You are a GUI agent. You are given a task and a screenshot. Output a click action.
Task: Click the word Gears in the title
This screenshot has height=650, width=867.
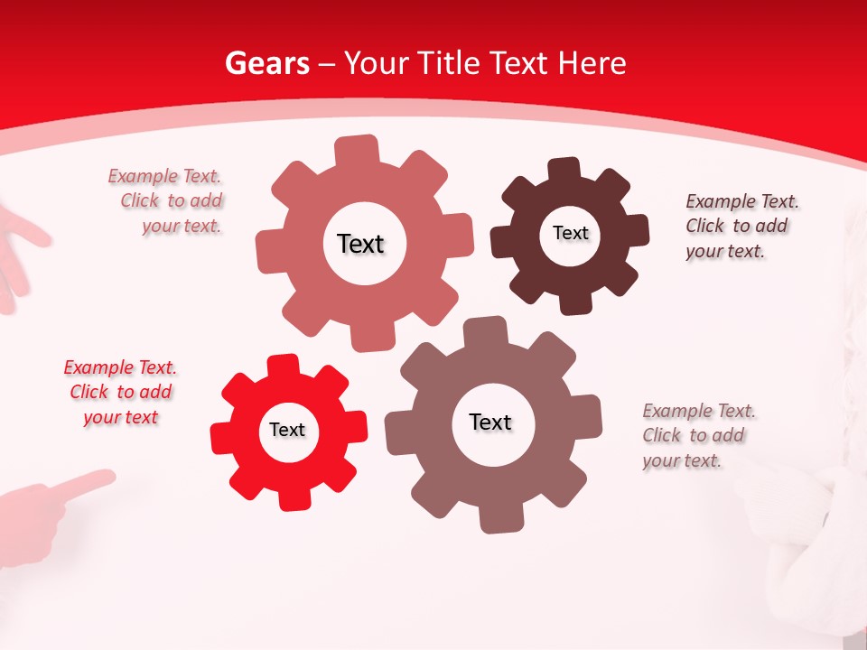pyautogui.click(x=267, y=63)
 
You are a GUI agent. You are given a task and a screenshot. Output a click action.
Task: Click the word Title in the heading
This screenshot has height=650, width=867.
pyautogui.click(x=449, y=63)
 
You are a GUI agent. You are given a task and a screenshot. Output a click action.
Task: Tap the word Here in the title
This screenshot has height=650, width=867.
pyautogui.click(x=592, y=63)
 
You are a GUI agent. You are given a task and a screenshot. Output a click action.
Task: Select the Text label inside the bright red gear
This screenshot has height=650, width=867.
pyautogui.click(x=287, y=430)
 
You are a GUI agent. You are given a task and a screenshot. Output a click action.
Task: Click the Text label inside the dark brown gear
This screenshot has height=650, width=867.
pyautogui.click(x=570, y=233)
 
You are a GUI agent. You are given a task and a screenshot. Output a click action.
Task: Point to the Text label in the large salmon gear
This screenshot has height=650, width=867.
pyautogui.click(x=360, y=244)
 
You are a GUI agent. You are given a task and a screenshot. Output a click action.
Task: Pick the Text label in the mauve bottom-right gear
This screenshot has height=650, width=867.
pyautogui.click(x=490, y=422)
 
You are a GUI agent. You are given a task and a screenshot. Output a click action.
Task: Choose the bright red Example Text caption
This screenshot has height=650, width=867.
pyautogui.click(x=120, y=392)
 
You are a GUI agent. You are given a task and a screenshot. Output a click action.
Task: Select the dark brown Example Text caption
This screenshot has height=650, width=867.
pyautogui.click(x=740, y=226)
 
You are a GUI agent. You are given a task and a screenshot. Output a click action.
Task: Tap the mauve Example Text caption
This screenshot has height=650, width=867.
pyautogui.click(x=696, y=435)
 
